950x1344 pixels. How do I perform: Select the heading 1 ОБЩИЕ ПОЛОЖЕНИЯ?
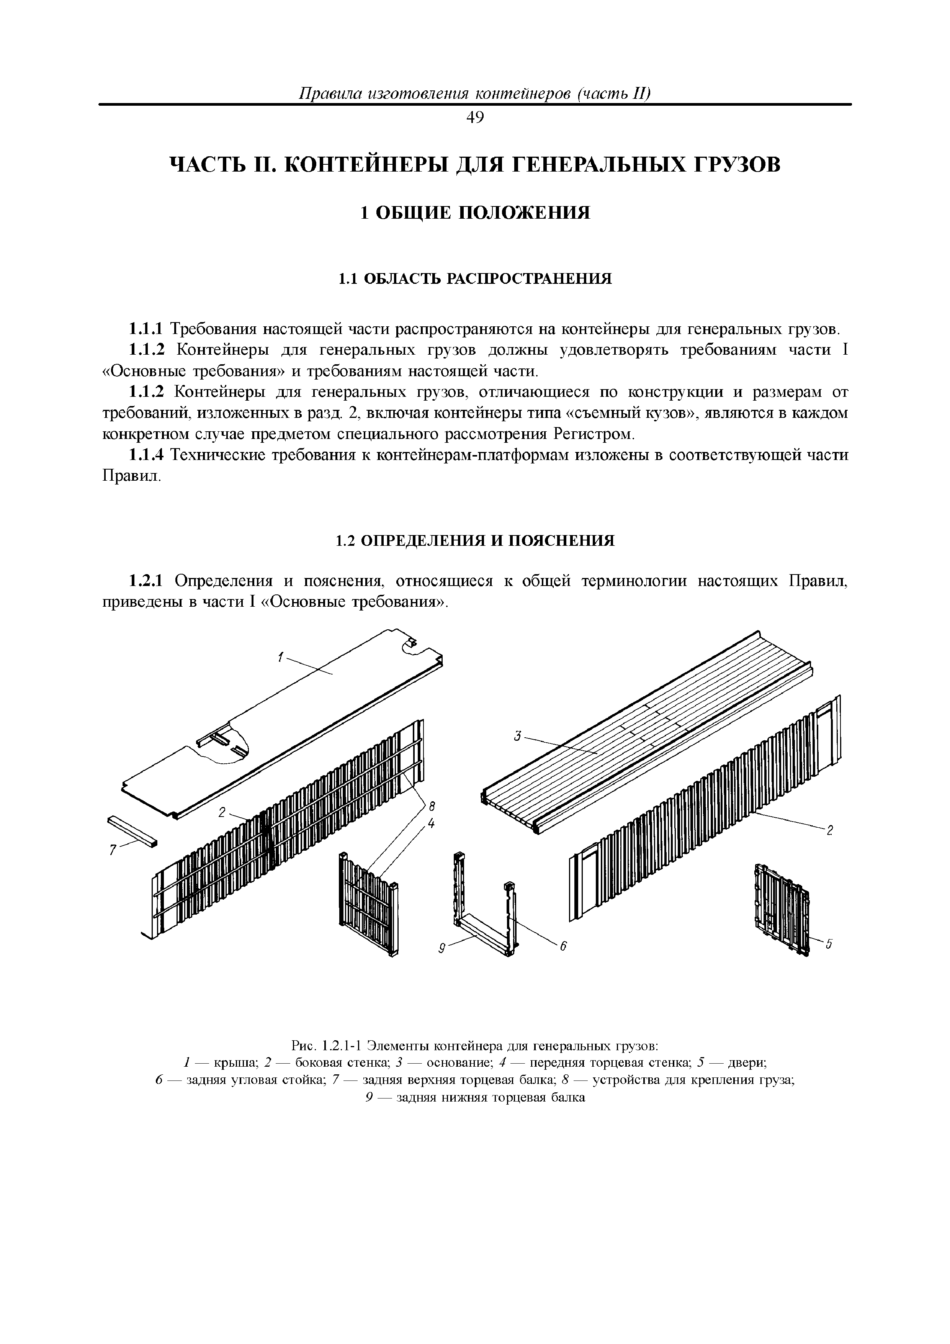pyautogui.click(x=475, y=213)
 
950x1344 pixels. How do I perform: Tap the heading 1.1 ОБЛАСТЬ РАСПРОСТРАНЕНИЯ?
pyautogui.click(x=475, y=278)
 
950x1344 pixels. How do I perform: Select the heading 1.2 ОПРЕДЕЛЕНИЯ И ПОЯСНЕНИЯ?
pyautogui.click(x=475, y=540)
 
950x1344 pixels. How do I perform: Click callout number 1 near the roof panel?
pyautogui.click(x=280, y=658)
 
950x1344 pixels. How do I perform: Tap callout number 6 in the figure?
pyautogui.click(x=564, y=946)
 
